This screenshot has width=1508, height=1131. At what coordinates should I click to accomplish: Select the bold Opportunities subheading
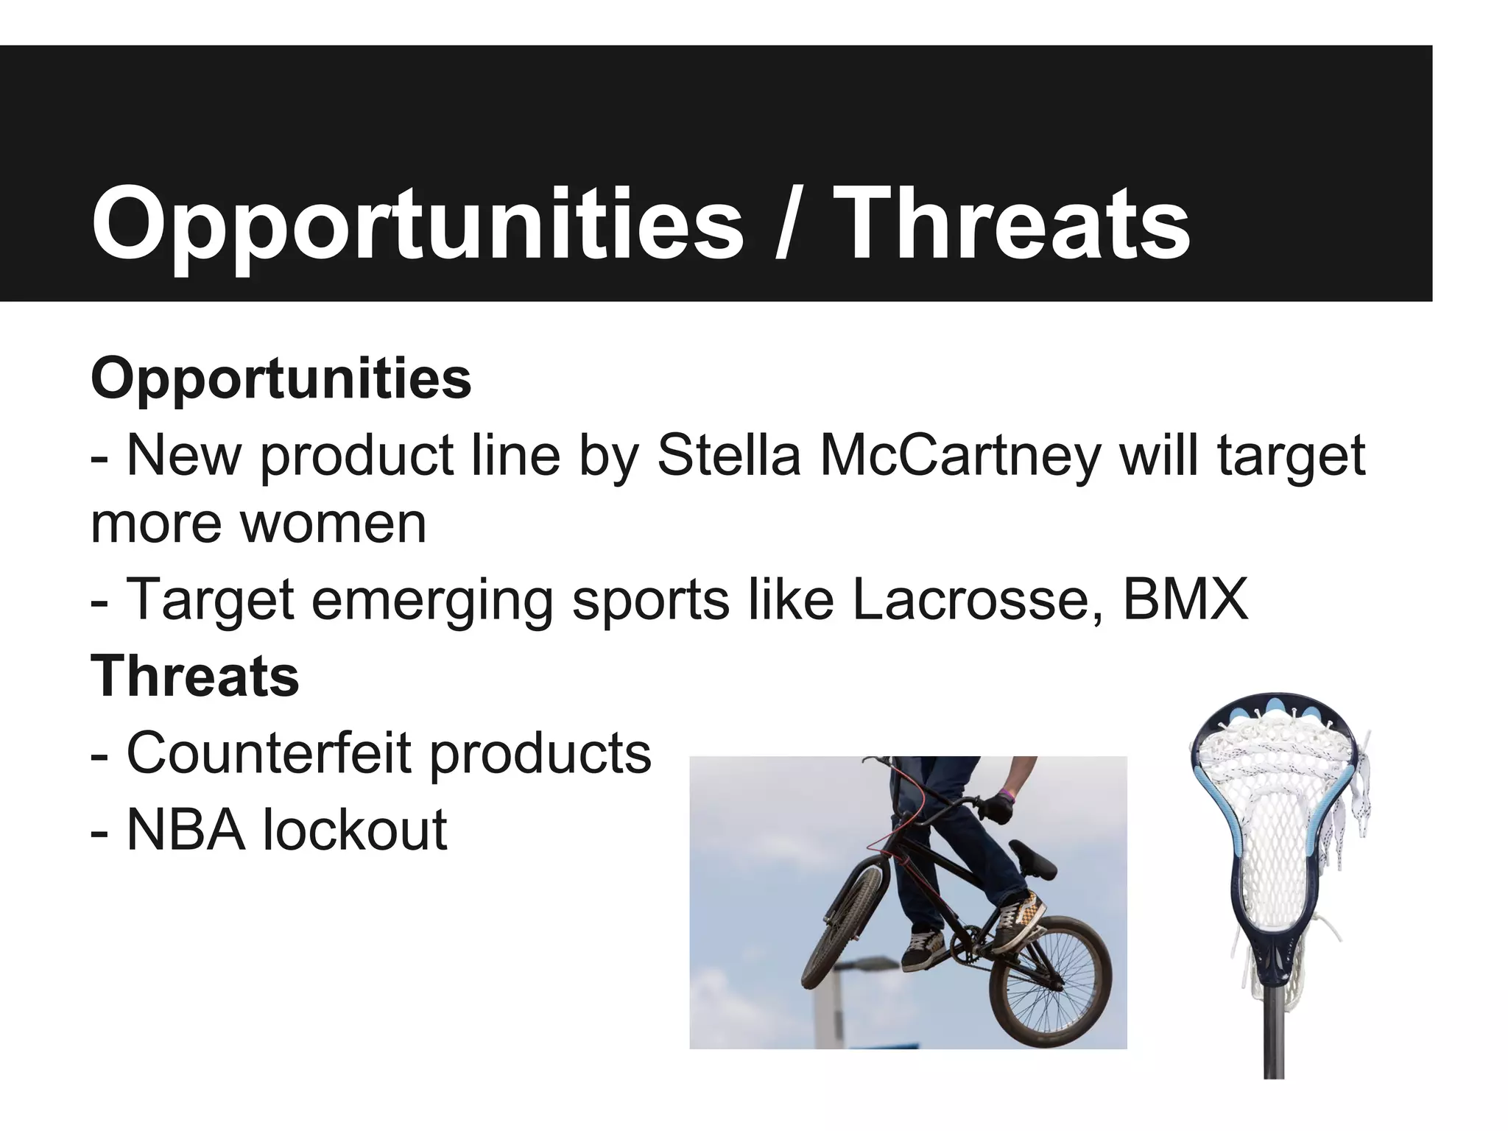coord(281,379)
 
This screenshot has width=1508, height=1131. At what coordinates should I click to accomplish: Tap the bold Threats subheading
coord(194,676)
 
